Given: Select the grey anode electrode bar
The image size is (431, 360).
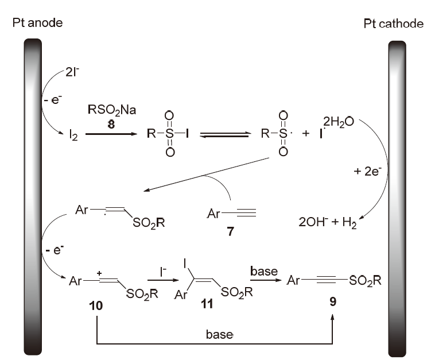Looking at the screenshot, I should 33,195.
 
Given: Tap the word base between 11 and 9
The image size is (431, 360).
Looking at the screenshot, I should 264,270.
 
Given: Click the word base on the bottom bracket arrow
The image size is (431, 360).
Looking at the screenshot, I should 220,334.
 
